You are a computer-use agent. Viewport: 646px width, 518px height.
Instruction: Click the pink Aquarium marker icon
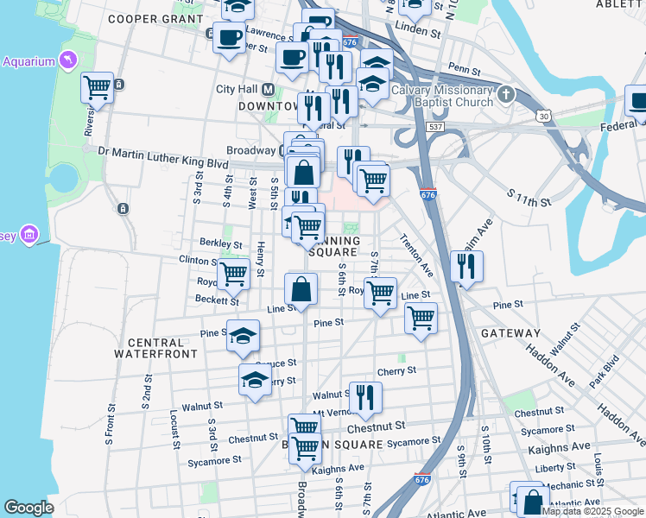coord(66,60)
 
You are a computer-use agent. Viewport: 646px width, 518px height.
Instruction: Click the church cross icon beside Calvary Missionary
coord(506,93)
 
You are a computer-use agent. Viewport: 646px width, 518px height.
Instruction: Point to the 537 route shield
coord(434,127)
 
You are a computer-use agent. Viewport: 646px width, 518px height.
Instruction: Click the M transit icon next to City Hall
coord(269,89)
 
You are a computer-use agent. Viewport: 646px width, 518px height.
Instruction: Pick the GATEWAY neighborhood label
coord(510,333)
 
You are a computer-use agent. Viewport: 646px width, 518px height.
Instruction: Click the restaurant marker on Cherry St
coord(365,397)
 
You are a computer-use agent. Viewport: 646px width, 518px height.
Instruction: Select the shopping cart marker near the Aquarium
coord(98,87)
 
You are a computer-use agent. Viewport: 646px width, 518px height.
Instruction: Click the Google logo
coord(28,508)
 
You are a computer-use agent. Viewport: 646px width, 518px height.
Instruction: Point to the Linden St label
coord(417,28)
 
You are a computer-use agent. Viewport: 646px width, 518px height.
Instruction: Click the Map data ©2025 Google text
coord(592,511)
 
